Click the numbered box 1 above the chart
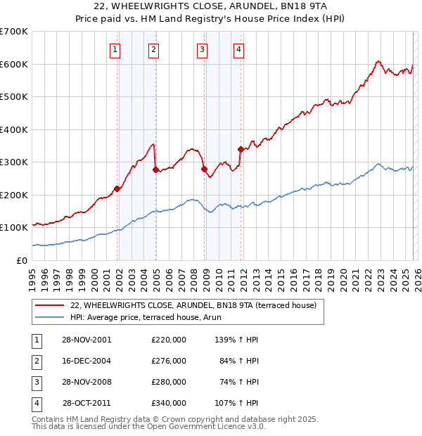pyautogui.click(x=115, y=49)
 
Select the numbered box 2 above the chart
pyautogui.click(x=153, y=49)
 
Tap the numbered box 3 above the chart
pyautogui.click(x=202, y=49)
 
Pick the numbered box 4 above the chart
pyautogui.click(x=239, y=49)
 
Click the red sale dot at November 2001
pyautogui.click(x=117, y=188)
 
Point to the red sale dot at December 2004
pyautogui.click(x=155, y=170)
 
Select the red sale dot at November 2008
pyautogui.click(x=205, y=169)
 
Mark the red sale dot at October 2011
pyautogui.click(x=241, y=149)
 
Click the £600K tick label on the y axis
pyautogui.click(x=14, y=64)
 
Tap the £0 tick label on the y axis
pyautogui.click(x=21, y=260)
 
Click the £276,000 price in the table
pyautogui.click(x=168, y=361)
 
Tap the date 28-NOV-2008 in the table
pyautogui.click(x=86, y=382)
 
